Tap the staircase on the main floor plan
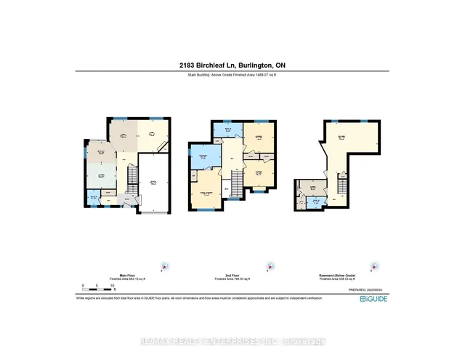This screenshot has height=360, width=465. pos(131,177)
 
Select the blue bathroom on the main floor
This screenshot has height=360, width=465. pos(92,198)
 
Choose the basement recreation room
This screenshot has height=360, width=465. pos(339,143)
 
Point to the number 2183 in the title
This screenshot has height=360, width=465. pos(187,65)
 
